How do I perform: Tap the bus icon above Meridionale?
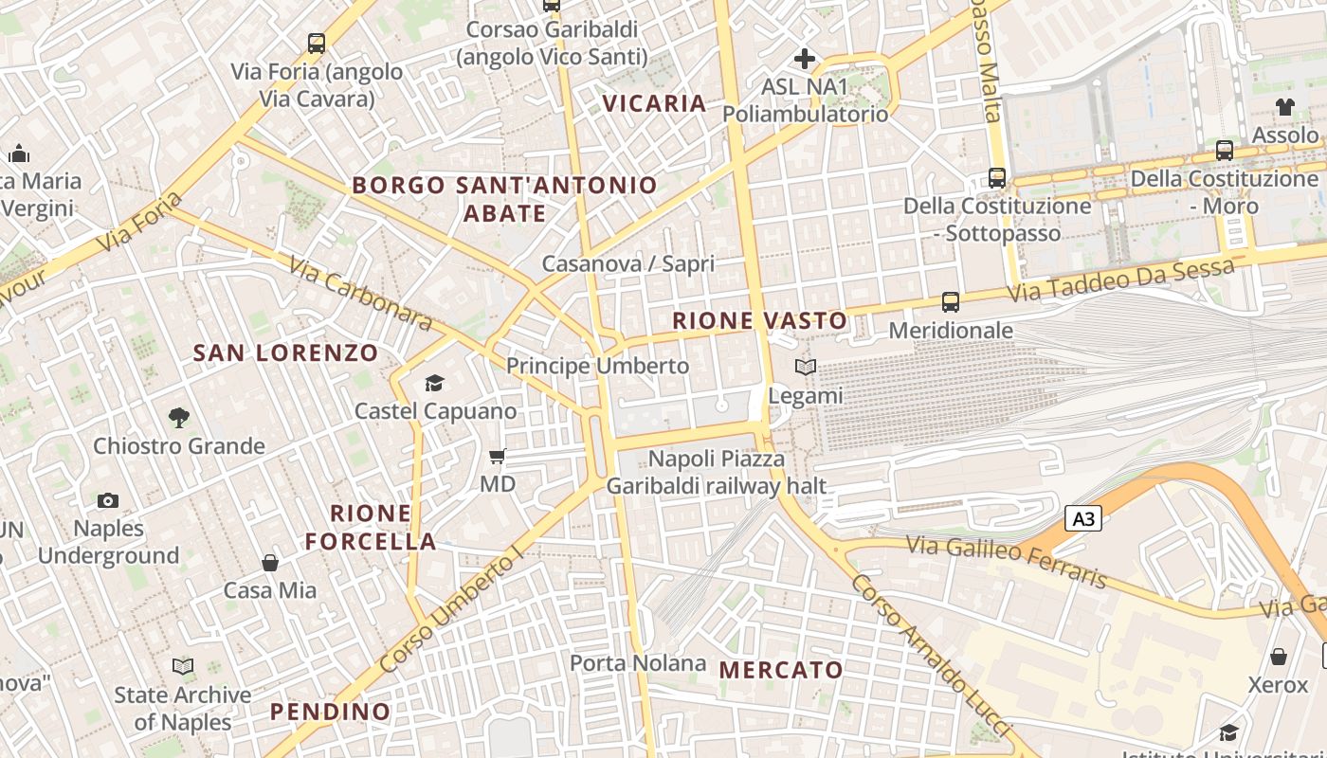coord(951,302)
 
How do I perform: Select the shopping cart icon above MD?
coord(498,457)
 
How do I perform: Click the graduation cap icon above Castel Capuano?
coord(435,383)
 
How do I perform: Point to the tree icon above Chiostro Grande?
coord(178,417)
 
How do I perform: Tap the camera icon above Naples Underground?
coord(108,500)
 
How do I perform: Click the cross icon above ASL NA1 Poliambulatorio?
coord(805,59)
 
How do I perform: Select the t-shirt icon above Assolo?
coord(1284,107)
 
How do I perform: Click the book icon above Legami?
coord(806,367)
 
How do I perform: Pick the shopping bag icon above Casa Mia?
coord(270,563)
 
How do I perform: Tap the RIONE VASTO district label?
coord(759,320)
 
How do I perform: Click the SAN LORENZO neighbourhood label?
coord(286,353)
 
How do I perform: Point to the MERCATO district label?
coord(781,670)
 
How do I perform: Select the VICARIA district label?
coord(655,103)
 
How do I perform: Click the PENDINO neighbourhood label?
coord(330,712)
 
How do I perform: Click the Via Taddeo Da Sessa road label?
coord(1120,280)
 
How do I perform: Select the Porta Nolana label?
coord(638,663)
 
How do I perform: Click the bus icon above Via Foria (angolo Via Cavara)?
coord(317,43)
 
